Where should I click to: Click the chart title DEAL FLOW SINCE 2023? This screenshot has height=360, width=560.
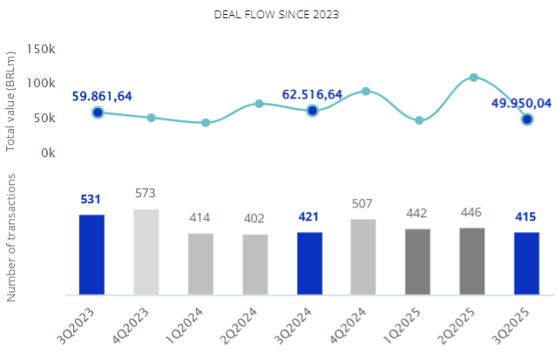277,15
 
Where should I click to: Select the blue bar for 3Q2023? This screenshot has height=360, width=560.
92,254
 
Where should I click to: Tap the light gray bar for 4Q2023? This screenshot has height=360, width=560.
146,251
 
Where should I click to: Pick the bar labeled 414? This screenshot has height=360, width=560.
200,263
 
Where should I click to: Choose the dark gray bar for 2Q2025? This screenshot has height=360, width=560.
472,261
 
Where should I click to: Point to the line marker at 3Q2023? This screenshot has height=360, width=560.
98,112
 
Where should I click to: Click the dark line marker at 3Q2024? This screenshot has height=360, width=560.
313,111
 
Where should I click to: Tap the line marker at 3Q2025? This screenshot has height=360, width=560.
527,119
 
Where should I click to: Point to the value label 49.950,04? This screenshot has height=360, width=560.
521,102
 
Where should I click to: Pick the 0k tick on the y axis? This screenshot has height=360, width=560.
47,153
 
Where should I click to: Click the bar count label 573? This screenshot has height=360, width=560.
146,194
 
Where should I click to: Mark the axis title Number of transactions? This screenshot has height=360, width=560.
11,237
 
